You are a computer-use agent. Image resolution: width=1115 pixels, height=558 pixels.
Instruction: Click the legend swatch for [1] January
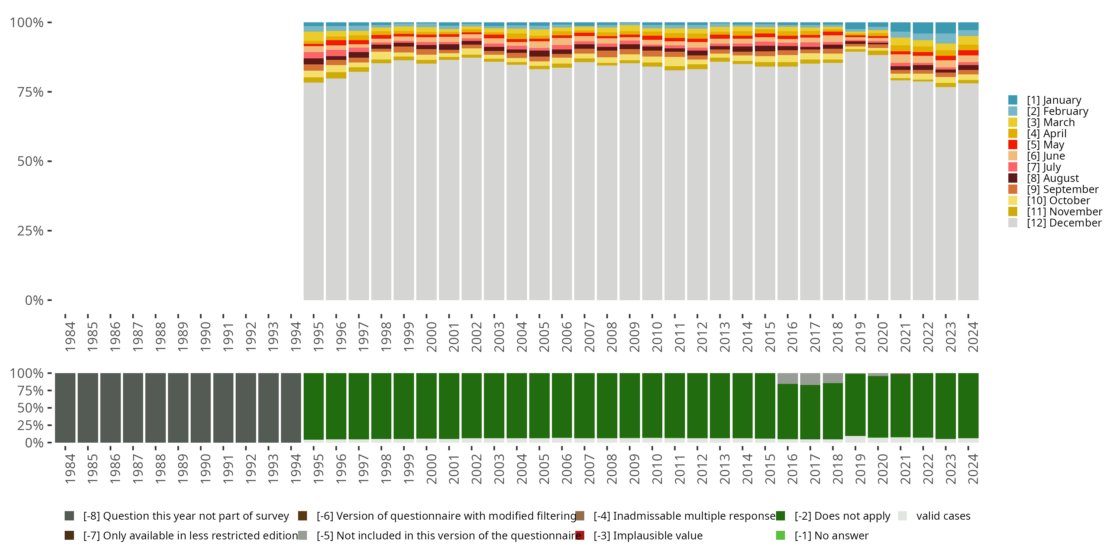[1012, 100]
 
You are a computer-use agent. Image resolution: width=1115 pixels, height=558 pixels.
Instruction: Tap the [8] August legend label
[1053, 178]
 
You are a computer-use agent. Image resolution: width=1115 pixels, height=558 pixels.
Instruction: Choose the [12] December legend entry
[1055, 223]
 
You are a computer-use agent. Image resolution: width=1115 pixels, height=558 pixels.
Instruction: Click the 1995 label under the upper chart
[318, 337]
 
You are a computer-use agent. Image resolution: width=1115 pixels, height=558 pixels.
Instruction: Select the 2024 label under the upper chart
[973, 337]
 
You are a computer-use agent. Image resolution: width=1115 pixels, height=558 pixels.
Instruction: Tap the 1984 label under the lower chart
[70, 469]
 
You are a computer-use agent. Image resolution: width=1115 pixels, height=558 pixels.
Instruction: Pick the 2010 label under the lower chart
[657, 469]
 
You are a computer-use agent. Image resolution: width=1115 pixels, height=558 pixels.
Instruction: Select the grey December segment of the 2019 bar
[855, 176]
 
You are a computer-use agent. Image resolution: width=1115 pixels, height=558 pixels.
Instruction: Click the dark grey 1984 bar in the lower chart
[65, 408]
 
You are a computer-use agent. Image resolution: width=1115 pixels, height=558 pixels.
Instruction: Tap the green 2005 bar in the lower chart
[539, 405]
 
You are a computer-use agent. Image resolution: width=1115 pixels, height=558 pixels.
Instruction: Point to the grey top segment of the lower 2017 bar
[810, 379]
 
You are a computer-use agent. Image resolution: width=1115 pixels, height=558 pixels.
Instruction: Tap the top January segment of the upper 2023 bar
[945, 28]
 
